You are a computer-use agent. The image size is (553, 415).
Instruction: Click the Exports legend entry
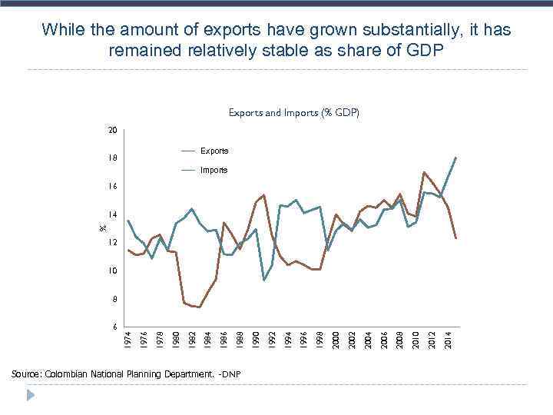coord(214,151)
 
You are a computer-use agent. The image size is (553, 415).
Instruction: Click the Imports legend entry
coord(214,170)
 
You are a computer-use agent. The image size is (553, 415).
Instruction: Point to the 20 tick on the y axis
coord(112,131)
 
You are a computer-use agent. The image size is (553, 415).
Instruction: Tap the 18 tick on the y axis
coord(112,158)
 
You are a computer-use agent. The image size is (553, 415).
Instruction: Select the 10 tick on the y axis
coord(112,271)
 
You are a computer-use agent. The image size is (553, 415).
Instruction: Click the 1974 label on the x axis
coord(128,338)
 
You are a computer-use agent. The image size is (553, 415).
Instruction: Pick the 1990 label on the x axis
coord(257,338)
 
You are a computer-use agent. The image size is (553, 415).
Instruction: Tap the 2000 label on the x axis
coord(336,338)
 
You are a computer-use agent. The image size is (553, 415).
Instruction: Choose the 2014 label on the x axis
coord(449,338)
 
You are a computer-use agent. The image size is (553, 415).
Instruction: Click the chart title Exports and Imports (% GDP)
coord(293,113)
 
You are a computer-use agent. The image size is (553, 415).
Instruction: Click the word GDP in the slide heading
coord(422,51)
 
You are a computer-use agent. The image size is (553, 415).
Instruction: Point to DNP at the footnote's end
coord(231,374)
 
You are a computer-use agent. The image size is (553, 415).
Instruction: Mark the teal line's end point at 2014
coord(456,158)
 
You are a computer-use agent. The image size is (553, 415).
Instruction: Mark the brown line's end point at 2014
coord(456,238)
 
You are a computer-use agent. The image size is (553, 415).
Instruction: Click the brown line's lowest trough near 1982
coord(200,307)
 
